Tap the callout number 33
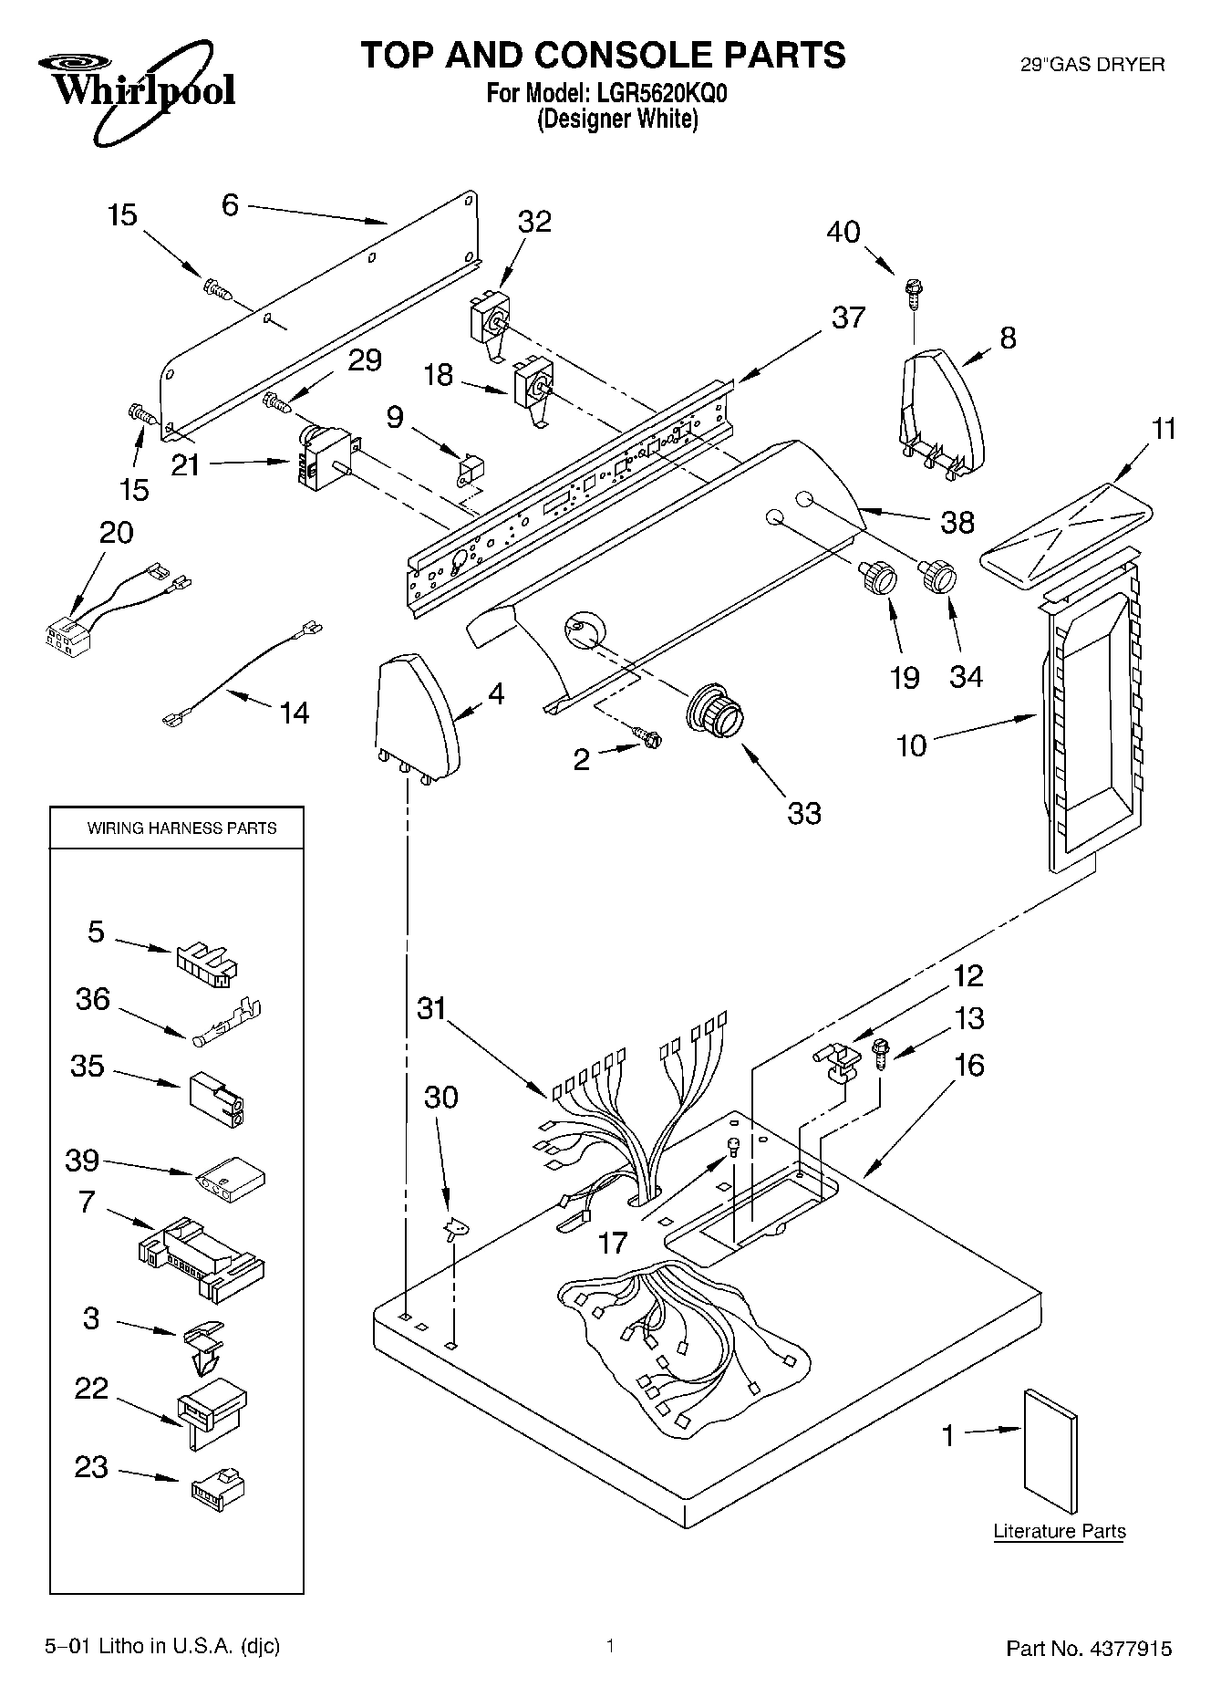click(x=803, y=812)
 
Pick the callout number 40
click(x=843, y=232)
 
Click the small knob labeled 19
click(x=877, y=578)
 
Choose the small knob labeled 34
click(x=936, y=575)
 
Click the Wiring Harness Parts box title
click(x=181, y=828)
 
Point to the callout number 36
click(x=92, y=999)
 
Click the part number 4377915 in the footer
click(x=1127, y=1648)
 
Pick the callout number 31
click(x=432, y=1009)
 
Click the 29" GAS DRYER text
click(x=1092, y=65)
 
